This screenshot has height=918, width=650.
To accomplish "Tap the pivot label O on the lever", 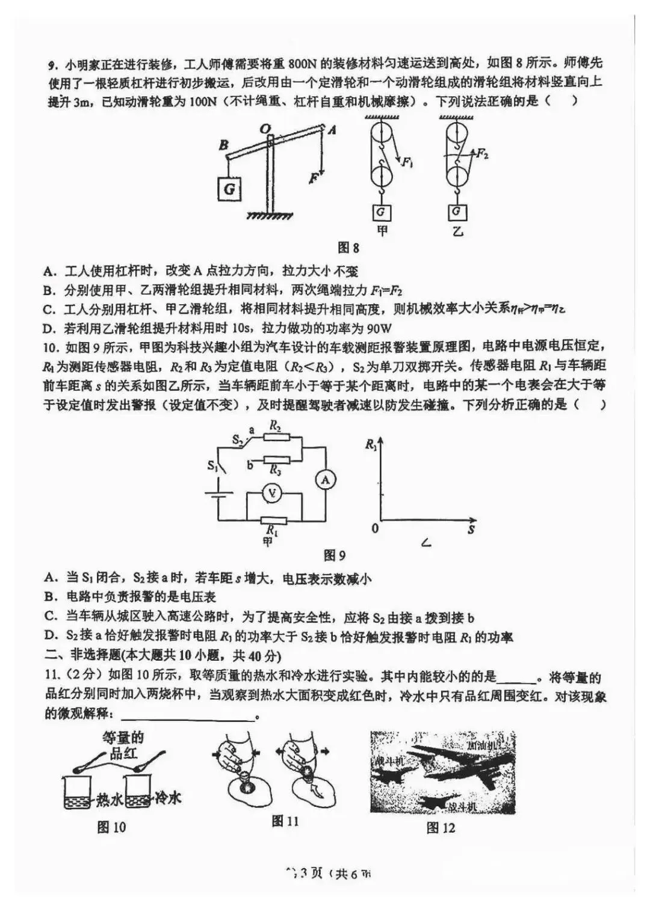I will click(264, 127).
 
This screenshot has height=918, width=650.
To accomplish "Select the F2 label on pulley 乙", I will click(481, 154).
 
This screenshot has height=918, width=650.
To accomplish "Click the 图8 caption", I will click(348, 247).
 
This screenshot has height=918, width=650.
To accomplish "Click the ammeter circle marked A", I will click(326, 479).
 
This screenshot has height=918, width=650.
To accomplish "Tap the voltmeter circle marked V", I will click(272, 493).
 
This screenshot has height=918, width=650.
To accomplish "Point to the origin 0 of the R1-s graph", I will click(376, 528).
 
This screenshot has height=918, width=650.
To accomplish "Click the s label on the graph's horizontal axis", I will click(471, 529).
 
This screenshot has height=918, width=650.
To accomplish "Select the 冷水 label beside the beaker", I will click(167, 798).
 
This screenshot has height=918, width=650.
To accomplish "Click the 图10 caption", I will click(111, 827).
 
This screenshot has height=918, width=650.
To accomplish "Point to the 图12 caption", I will click(441, 828).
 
